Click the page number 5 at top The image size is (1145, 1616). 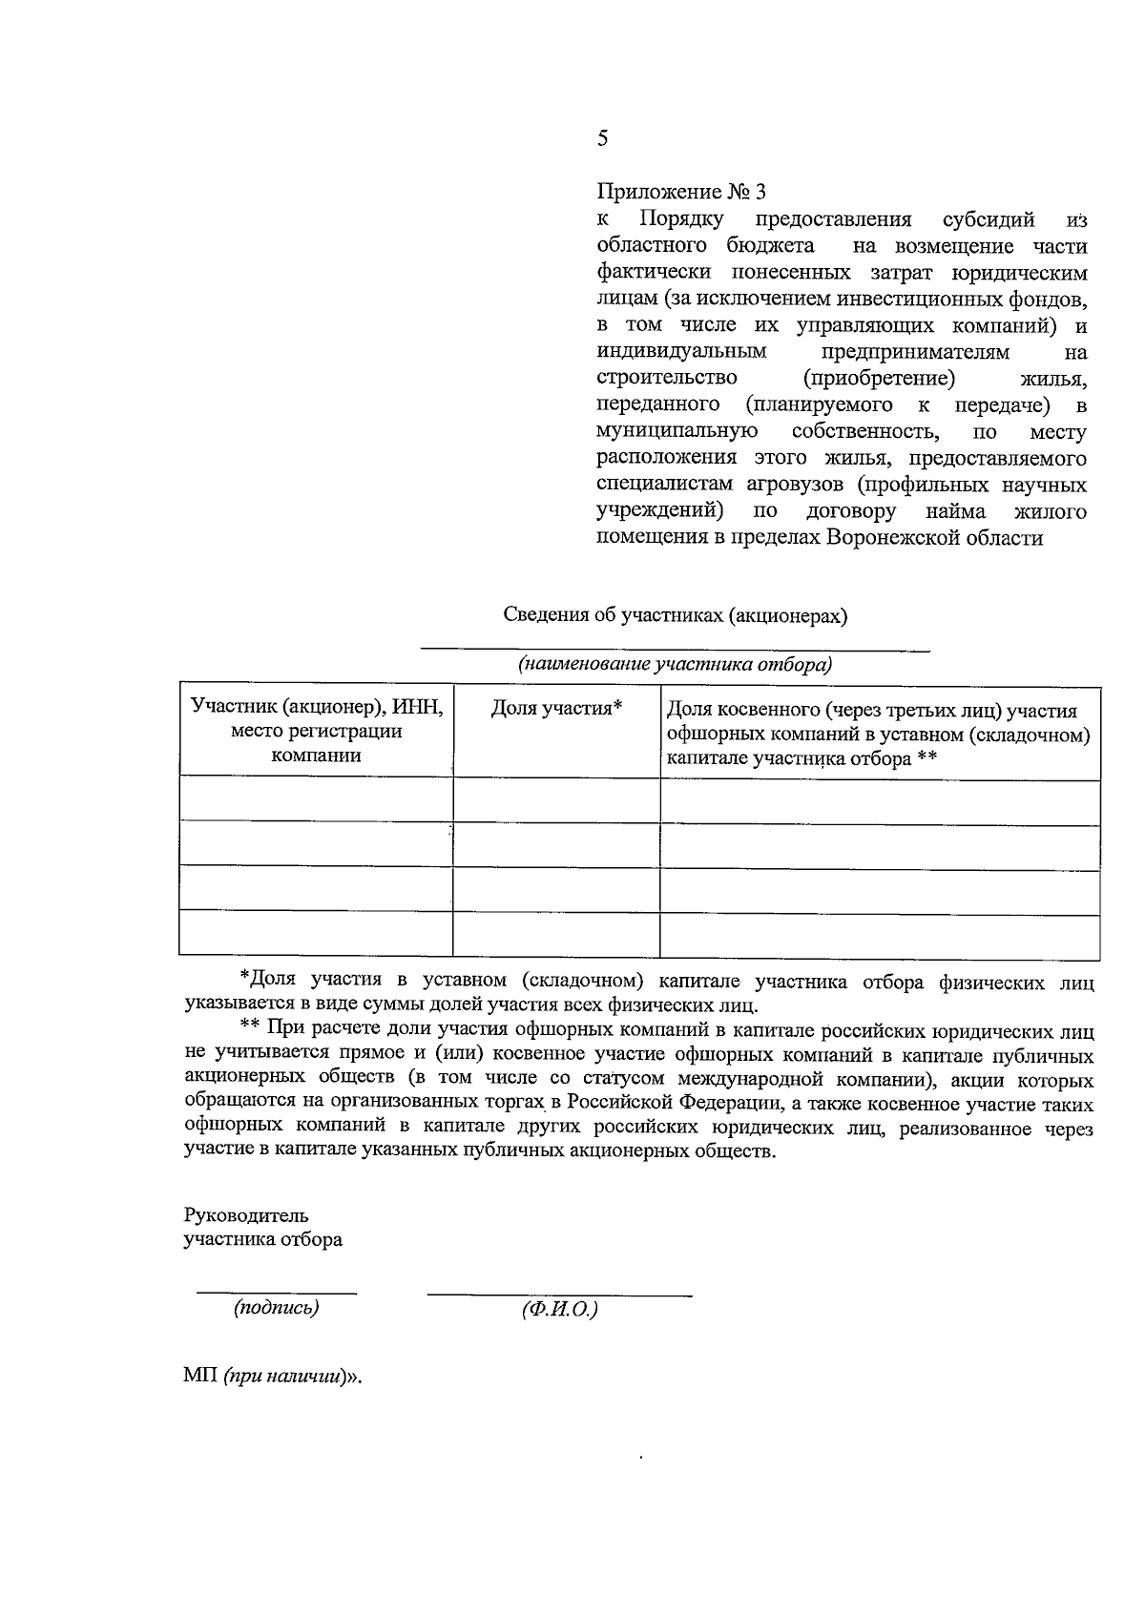[602, 138]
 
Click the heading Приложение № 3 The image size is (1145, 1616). [681, 192]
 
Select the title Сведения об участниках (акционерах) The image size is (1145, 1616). [676, 614]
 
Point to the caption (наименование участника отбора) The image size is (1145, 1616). [675, 665]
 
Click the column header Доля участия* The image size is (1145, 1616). [556, 708]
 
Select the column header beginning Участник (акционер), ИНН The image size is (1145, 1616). [316, 731]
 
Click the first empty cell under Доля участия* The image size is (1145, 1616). [556, 799]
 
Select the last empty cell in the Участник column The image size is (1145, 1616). [316, 933]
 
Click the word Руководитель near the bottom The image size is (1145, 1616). [246, 1216]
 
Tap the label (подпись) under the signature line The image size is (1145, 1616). [277, 1308]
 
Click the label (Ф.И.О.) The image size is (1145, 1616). [559, 1310]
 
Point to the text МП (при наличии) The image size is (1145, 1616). [274, 1378]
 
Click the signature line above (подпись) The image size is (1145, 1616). [277, 1293]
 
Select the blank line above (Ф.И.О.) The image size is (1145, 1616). [559, 1295]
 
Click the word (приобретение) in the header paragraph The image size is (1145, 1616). [879, 379]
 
